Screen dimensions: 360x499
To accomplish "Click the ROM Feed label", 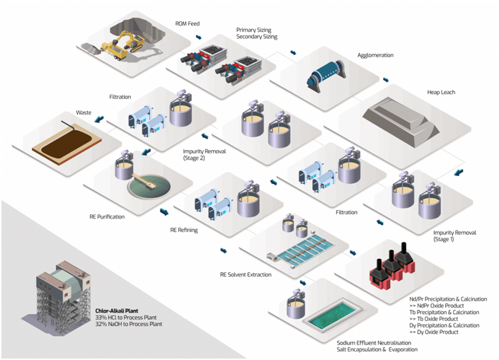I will point(188,23).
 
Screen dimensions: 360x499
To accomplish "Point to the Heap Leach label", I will point(442,92).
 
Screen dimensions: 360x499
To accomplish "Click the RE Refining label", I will point(184,230).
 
